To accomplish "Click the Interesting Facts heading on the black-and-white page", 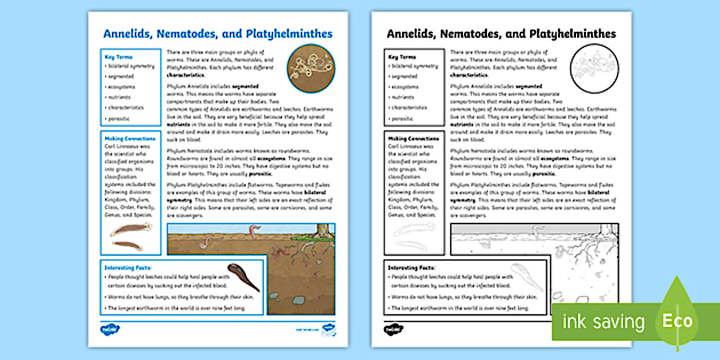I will [x=411, y=267].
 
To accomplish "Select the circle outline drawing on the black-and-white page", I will [x=594, y=69].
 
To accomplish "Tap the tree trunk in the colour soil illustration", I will [x=324, y=230].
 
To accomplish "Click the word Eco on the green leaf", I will [x=677, y=321].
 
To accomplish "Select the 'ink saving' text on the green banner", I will [x=603, y=322].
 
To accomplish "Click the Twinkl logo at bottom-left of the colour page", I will [x=110, y=329].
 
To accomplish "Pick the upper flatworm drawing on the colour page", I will [x=131, y=230].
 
